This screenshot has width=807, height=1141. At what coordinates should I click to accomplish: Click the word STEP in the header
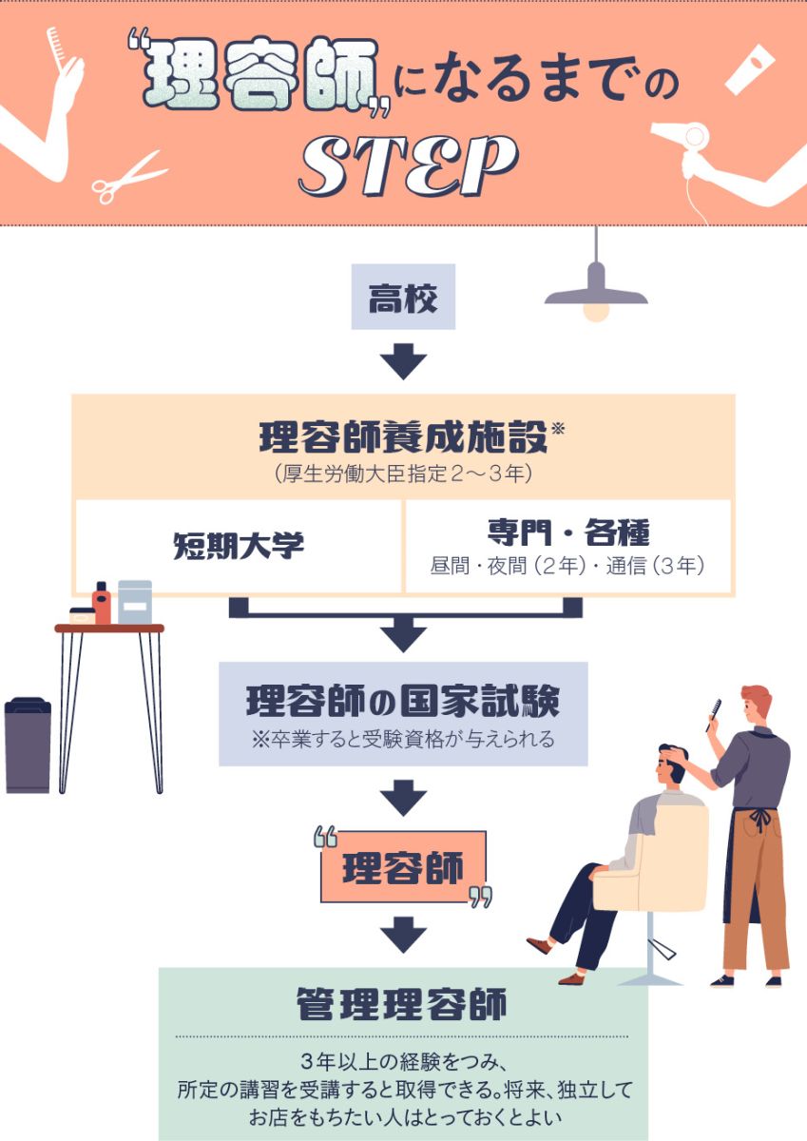click(408, 165)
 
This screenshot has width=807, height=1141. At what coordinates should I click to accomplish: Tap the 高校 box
click(403, 297)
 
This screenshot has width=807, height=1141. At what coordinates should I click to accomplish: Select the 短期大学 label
click(239, 546)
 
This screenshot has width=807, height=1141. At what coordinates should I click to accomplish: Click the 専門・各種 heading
click(568, 532)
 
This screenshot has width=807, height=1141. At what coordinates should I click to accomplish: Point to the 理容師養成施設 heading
click(403, 437)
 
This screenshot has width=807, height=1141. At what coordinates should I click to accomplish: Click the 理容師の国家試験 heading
click(403, 702)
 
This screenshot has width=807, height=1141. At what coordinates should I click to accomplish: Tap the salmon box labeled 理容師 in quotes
click(403, 867)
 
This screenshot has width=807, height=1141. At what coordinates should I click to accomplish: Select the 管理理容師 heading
click(402, 1005)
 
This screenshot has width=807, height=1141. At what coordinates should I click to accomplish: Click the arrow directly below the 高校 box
click(403, 361)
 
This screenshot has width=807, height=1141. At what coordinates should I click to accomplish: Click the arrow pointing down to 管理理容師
click(403, 935)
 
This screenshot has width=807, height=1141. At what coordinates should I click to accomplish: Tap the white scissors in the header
click(127, 177)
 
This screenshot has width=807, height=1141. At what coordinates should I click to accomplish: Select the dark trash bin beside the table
click(28, 745)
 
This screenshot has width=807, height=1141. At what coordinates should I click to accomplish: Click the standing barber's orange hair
click(758, 695)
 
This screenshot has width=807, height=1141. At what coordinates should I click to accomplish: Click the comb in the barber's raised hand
click(713, 715)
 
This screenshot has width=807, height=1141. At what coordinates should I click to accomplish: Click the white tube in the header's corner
click(749, 69)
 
